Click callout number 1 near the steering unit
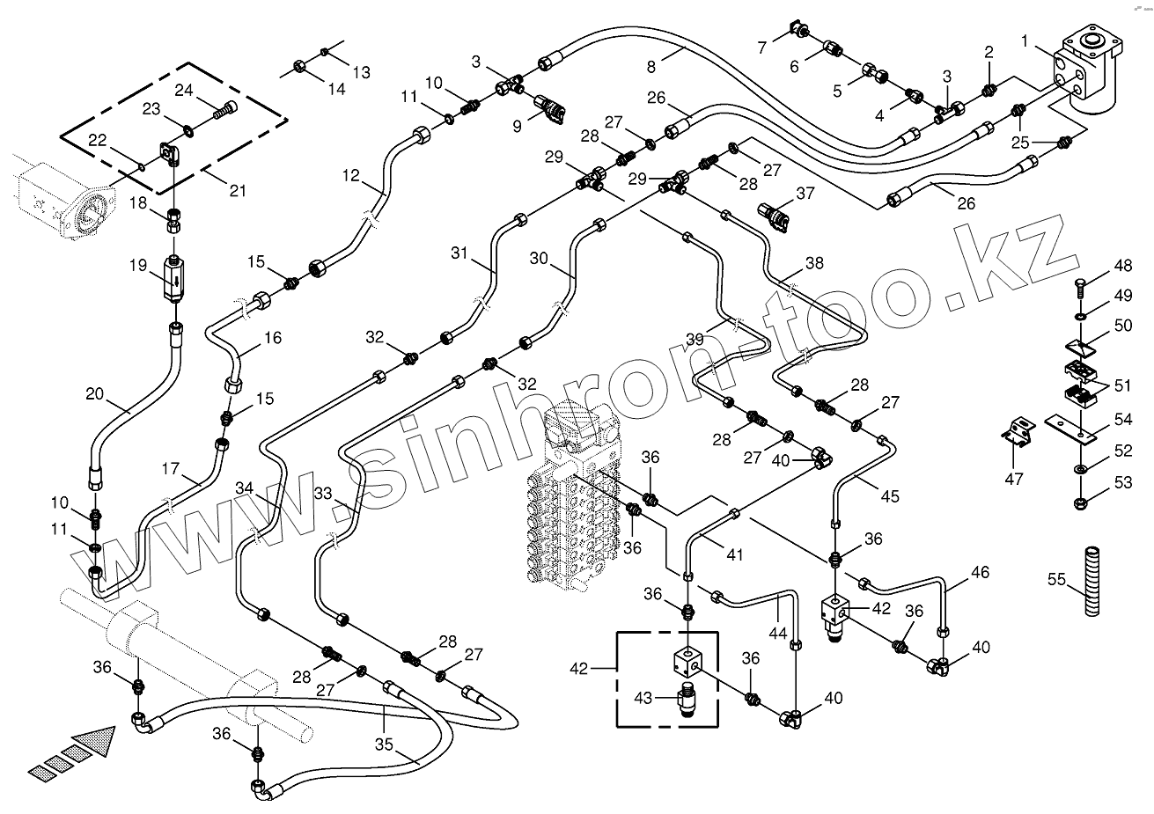[1025, 40]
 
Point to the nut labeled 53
[1080, 503]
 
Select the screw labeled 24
[225, 110]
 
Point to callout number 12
[352, 175]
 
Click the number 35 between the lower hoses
[384, 744]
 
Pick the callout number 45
[890, 496]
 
